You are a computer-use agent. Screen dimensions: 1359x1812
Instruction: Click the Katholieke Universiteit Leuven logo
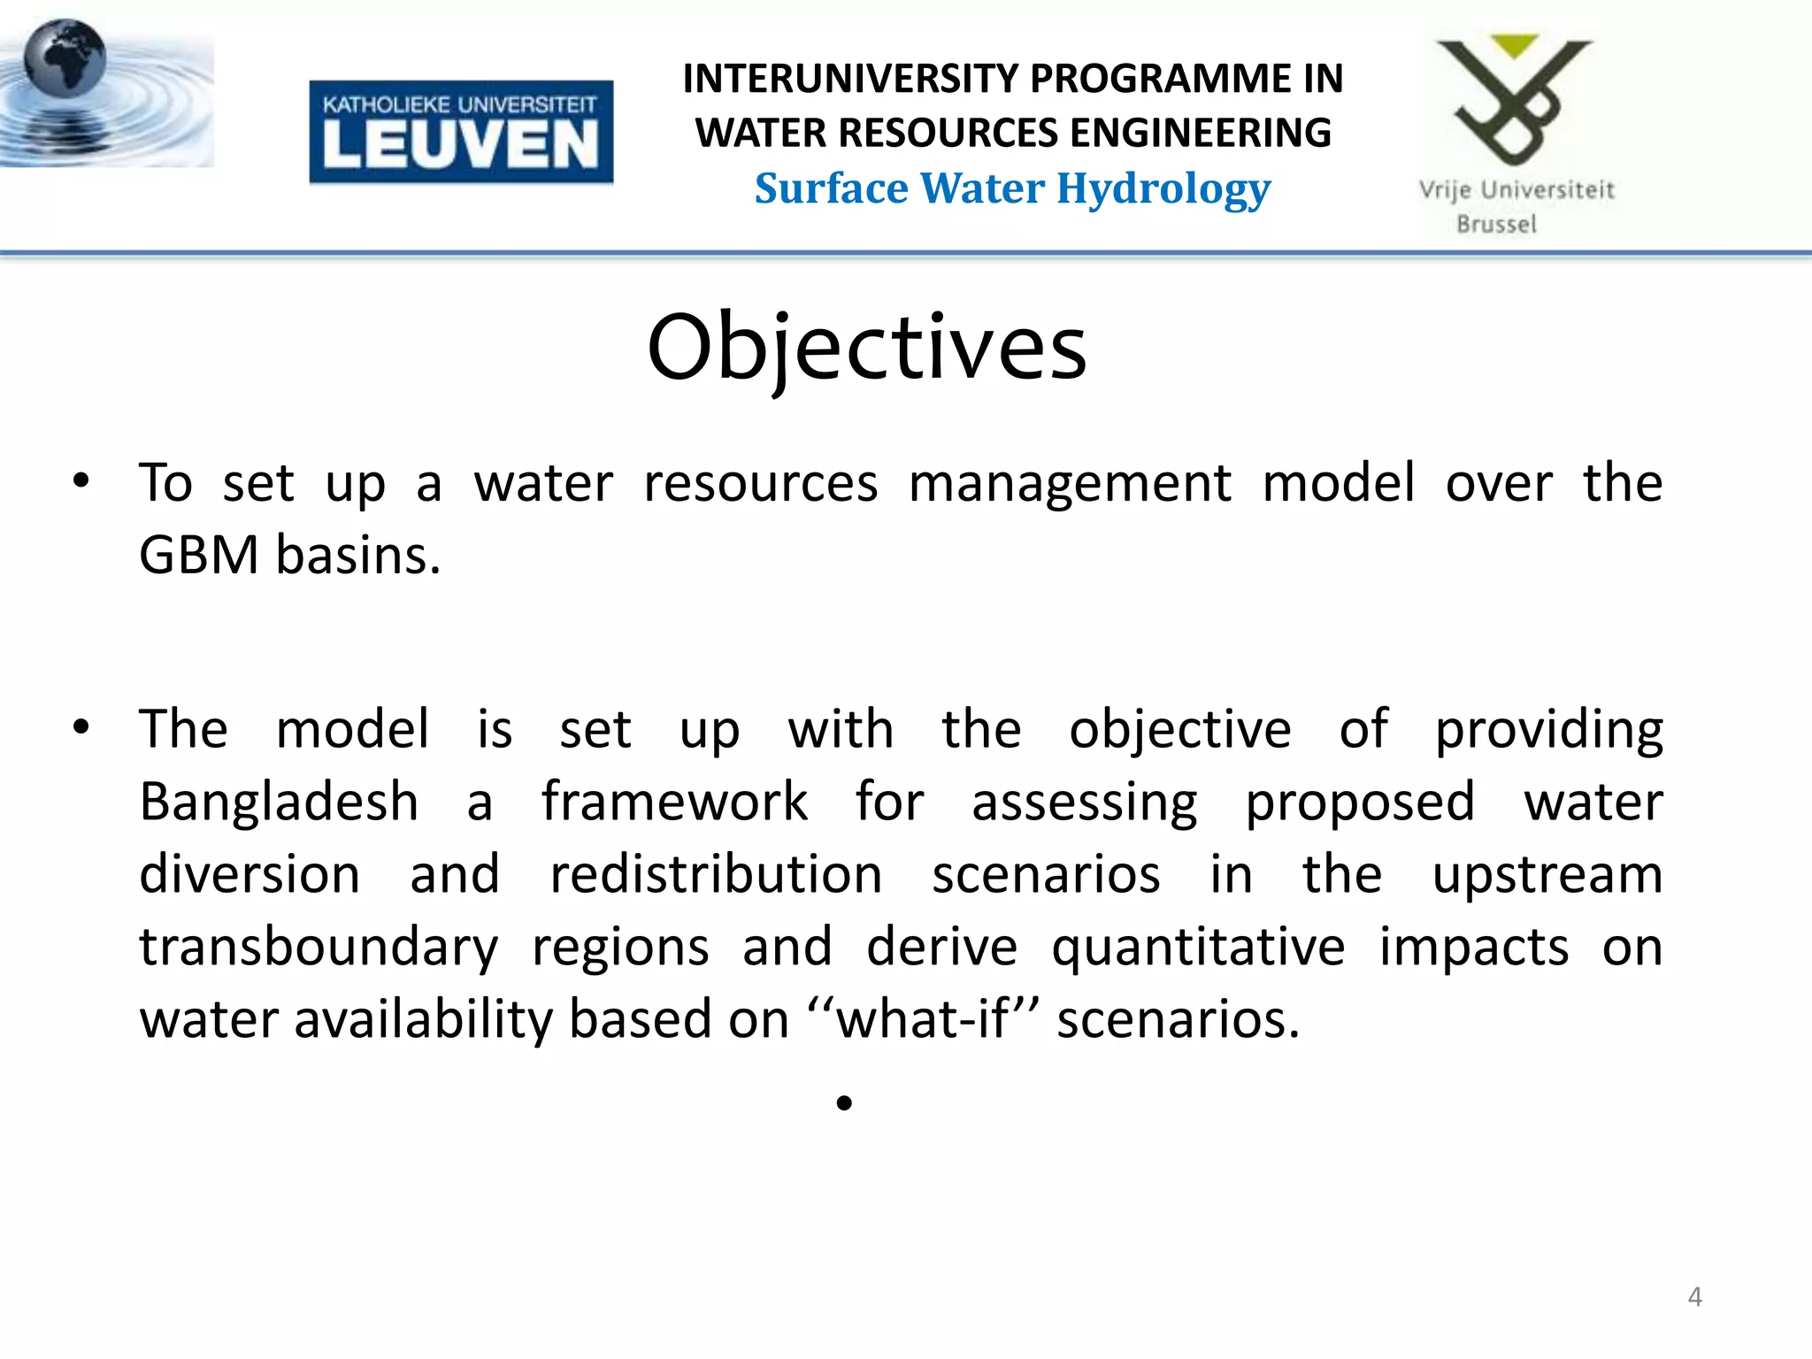pos(461,132)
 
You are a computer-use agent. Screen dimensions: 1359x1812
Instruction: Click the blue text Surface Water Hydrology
pos(1012,189)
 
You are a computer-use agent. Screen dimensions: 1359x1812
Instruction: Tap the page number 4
pos(1694,1297)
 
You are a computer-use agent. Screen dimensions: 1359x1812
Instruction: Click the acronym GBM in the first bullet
pos(199,556)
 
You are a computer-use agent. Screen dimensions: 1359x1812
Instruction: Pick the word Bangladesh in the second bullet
pos(279,802)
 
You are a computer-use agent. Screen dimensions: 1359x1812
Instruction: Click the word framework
pos(674,802)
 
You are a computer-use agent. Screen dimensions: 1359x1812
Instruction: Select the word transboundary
pos(319,947)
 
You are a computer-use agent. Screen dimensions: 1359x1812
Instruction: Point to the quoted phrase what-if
pos(921,1019)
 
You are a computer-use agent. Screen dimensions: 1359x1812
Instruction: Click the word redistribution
pos(716,874)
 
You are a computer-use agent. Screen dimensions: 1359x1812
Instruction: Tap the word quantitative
pos(1198,947)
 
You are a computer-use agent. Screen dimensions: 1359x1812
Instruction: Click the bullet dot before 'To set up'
pos(81,482)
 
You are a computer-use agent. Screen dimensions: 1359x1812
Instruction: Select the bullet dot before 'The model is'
pos(81,728)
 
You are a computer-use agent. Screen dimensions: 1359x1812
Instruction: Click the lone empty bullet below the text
pos(844,1102)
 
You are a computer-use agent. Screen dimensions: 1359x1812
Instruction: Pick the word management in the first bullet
pos(1069,484)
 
